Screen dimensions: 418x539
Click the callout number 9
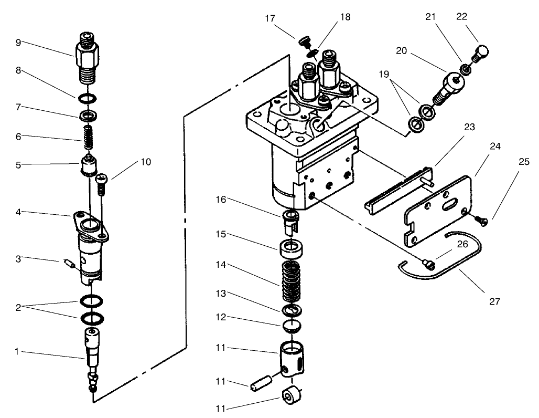click(18, 43)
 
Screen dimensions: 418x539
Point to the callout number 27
click(494, 301)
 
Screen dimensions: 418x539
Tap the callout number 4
click(18, 213)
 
